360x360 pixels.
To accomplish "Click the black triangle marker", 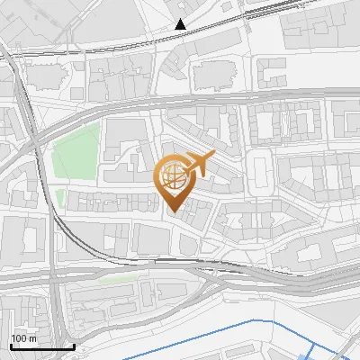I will coord(181,25).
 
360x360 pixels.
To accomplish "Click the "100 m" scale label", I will coord(23,338).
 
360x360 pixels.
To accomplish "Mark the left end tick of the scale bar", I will coord(11,345).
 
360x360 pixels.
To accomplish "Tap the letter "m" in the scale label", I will coord(32,338).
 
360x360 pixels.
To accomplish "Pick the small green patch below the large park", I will coord(60,197).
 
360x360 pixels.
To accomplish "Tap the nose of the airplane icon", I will coord(214,156).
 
